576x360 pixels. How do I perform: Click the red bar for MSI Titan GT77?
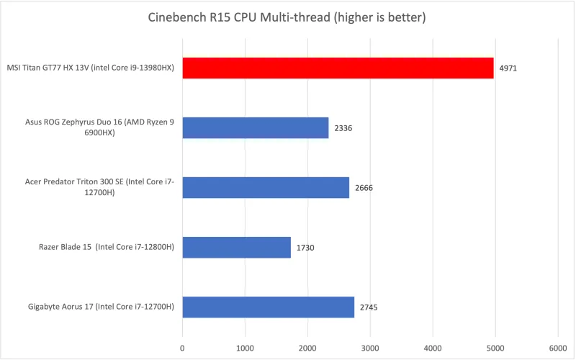click(338, 68)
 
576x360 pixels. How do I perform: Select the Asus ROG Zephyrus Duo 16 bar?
click(255, 128)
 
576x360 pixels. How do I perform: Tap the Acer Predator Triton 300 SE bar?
click(266, 188)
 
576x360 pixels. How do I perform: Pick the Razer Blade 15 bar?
click(236, 248)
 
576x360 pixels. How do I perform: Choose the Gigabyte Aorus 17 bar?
click(268, 307)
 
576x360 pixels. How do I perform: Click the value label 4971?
click(508, 69)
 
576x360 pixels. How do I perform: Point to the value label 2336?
click(343, 128)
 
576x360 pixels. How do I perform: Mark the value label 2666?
click(364, 188)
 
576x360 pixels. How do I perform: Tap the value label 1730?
click(305, 248)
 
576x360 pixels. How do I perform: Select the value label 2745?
click(369, 307)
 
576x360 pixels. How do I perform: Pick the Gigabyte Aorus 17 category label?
click(100, 307)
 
